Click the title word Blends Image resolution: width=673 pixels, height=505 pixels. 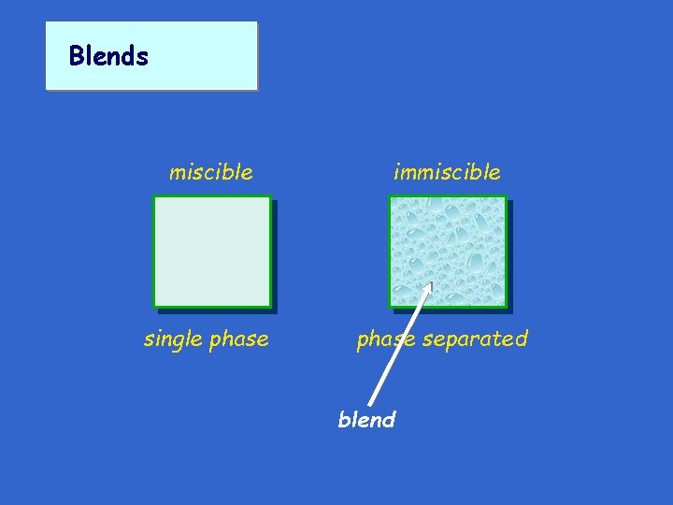[x=108, y=56]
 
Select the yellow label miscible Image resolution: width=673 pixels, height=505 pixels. [x=210, y=172]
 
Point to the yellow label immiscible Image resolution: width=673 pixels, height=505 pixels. [x=447, y=172]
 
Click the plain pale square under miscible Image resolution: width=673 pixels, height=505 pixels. [x=212, y=251]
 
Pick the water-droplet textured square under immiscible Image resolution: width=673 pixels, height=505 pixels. [x=448, y=251]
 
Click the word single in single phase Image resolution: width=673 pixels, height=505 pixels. [x=173, y=339]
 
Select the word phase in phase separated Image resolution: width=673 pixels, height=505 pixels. [x=385, y=339]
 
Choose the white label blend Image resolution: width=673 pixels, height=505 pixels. [x=366, y=420]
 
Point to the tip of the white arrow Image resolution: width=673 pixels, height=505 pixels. [x=431, y=282]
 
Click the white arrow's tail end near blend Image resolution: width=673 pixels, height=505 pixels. [x=371, y=404]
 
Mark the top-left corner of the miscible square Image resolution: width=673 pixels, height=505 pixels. [x=155, y=197]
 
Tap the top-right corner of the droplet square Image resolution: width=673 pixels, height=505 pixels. [x=505, y=197]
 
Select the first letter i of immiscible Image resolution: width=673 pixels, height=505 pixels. [x=396, y=171]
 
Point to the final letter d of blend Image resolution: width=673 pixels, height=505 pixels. [x=390, y=420]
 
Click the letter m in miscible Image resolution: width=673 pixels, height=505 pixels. [x=176, y=173]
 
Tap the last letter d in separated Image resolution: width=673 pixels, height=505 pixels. [x=523, y=339]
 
